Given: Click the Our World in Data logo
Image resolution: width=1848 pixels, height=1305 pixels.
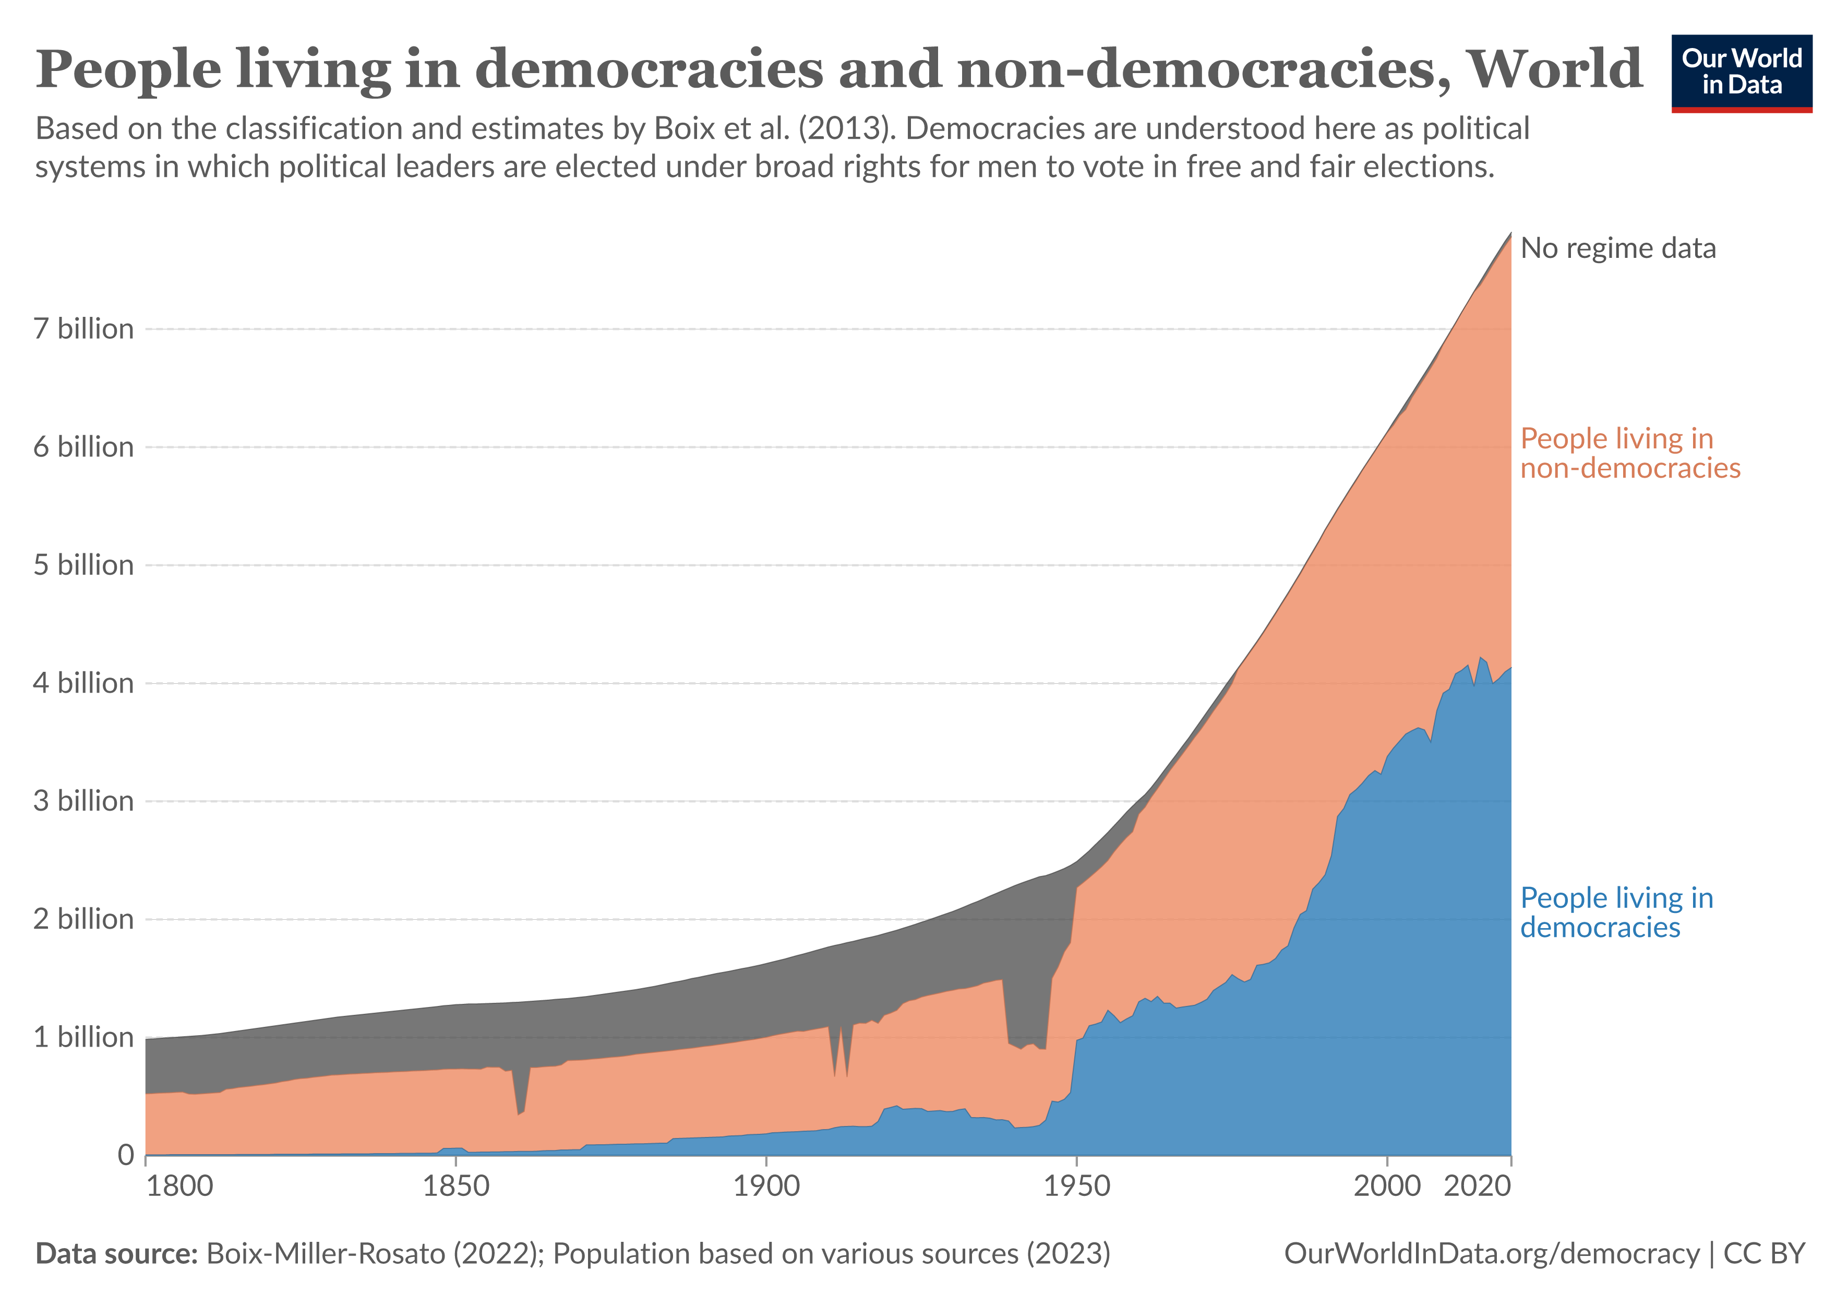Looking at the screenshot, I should click(1741, 73).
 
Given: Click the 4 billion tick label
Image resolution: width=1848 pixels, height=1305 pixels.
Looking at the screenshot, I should click(83, 683).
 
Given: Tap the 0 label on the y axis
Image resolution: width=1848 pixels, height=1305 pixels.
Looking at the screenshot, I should click(126, 1155).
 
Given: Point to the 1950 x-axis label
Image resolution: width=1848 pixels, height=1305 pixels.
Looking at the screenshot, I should click(1076, 1186).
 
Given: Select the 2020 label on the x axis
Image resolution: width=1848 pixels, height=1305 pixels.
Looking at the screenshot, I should click(1477, 1186).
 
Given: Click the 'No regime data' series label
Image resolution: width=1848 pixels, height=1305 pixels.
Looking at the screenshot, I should click(1618, 248).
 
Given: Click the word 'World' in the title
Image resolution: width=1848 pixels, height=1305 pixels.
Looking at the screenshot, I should click(1553, 69).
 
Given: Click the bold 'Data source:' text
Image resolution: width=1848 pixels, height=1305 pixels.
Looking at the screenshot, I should click(117, 1253).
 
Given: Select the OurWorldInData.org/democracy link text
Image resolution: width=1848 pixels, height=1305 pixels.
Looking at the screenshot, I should click(1492, 1253).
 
